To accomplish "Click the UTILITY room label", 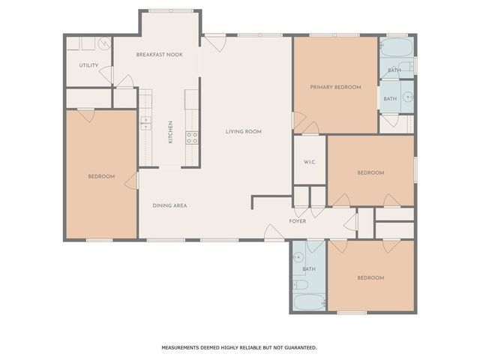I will pos(88,65).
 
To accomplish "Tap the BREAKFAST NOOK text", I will pos(159,55).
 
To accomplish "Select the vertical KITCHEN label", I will pos(170,132).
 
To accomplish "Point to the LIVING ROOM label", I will pos(244,132).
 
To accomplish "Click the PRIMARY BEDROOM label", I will pos(335,87).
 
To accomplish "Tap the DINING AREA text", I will pos(170,205).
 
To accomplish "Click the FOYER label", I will pos(298,221).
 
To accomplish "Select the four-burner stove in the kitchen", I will pos(192,137).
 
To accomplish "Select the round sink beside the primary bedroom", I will pos(407,96).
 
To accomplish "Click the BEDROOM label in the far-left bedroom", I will pos(101,176).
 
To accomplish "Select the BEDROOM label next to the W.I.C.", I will pos(370,173).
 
